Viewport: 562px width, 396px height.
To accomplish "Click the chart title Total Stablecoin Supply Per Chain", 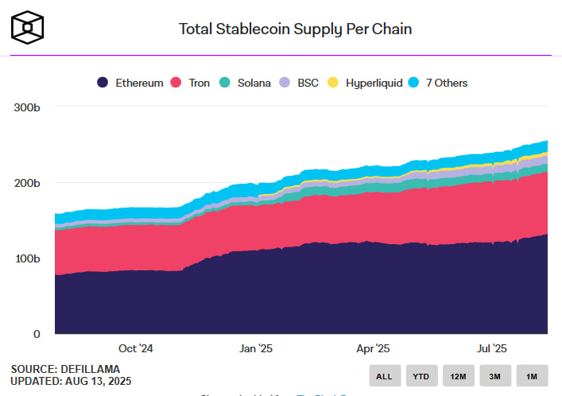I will point(295,29).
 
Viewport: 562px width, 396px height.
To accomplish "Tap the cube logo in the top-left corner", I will point(28,27).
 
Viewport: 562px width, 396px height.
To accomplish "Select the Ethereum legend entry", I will point(130,83).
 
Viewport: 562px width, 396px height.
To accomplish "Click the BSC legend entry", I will point(300,83).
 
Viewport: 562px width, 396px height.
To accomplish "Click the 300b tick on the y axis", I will point(25,107).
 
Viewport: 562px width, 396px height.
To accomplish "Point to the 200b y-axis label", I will point(25,183).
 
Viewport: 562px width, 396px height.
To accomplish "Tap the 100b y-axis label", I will point(25,258).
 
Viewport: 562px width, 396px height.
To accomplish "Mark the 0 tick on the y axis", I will point(35,334).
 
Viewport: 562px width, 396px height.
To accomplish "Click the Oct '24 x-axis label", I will point(134,348).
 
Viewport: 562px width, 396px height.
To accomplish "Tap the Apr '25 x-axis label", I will point(373,348).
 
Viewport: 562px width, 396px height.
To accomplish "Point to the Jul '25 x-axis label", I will point(491,348).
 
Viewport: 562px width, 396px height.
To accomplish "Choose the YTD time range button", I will point(422,375).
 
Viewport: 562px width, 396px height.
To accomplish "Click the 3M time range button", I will point(495,375).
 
